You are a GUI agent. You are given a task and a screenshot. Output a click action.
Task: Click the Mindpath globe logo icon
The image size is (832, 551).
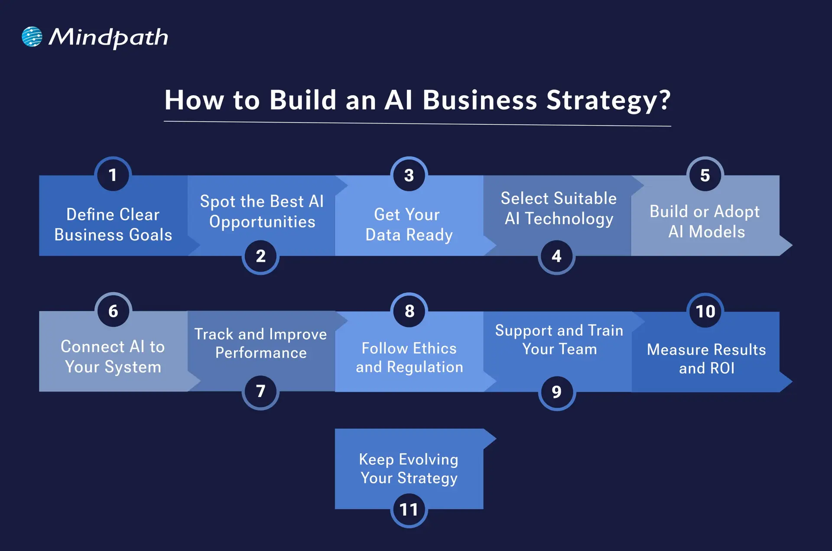click(x=32, y=37)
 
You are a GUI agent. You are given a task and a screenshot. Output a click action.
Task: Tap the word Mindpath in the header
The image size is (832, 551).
click(x=108, y=38)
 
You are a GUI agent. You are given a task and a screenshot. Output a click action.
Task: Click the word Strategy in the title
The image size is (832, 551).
click(x=608, y=100)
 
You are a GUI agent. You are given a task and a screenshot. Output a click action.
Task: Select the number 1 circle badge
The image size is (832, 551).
click(x=113, y=175)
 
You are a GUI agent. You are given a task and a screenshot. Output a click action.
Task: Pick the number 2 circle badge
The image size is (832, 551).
click(x=260, y=256)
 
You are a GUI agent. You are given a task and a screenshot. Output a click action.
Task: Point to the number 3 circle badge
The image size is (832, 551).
click(x=409, y=175)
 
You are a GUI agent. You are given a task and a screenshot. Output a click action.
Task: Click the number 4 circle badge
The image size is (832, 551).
click(x=557, y=256)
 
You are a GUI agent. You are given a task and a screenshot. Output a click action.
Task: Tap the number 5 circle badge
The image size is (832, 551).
click(x=705, y=175)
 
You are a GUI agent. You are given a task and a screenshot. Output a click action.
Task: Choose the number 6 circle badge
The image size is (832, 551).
click(x=113, y=311)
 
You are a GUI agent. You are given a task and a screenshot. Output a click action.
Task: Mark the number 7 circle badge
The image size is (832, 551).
click(x=260, y=391)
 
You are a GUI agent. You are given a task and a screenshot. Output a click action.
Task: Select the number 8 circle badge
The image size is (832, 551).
click(x=409, y=311)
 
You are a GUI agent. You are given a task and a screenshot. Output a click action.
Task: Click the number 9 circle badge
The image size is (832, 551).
click(x=557, y=392)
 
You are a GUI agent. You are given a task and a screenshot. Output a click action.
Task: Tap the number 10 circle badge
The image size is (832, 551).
click(x=705, y=311)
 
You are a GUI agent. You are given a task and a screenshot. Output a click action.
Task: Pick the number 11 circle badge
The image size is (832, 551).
click(x=409, y=509)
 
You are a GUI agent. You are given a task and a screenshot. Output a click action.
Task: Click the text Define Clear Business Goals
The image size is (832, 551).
click(x=113, y=224)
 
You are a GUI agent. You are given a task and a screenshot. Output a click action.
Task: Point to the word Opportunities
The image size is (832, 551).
click(x=262, y=222)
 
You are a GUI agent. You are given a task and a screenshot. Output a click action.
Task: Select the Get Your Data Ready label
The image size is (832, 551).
click(x=409, y=224)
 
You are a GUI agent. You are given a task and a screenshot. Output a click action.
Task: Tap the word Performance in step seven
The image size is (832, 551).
click(x=261, y=353)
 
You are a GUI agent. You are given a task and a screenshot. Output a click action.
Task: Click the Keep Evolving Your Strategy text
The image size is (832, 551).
click(x=409, y=468)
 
